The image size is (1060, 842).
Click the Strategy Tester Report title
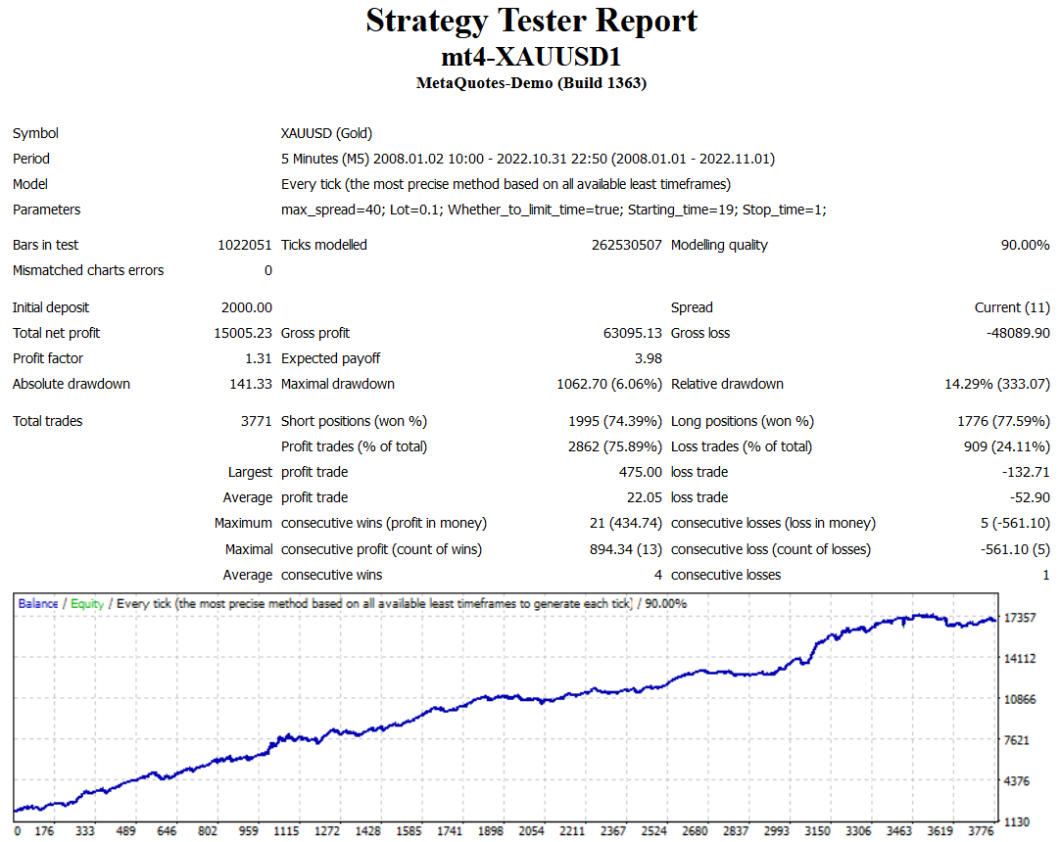[x=531, y=21]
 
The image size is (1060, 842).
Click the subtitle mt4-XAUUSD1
[x=531, y=56]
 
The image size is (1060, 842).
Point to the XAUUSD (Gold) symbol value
[x=326, y=133]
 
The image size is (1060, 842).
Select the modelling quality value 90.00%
[x=1025, y=245]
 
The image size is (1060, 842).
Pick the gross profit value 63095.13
[x=633, y=333]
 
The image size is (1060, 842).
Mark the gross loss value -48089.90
[x=1018, y=333]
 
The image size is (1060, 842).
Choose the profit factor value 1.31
[x=259, y=358]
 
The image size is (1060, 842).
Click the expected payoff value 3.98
[x=649, y=358]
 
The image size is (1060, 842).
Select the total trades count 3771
[x=256, y=421]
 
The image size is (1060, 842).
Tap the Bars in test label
[x=46, y=245]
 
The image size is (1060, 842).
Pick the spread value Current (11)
[x=1012, y=307]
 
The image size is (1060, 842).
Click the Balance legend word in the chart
[x=38, y=603]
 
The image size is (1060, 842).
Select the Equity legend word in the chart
[x=87, y=603]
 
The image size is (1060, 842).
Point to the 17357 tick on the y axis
[x=1021, y=617]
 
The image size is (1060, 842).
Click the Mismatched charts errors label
[x=88, y=270]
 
